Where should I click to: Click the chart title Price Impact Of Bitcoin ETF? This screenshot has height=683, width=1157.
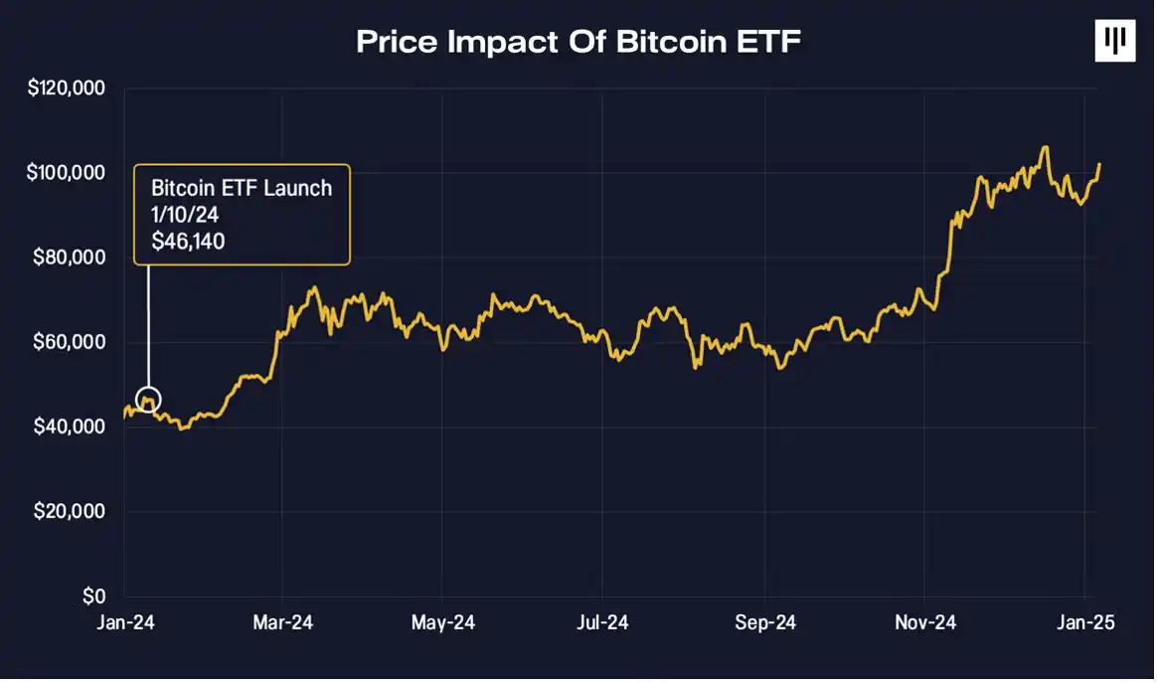coord(578,41)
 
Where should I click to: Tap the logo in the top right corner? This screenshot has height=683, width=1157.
coord(1114,41)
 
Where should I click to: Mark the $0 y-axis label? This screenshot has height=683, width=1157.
coord(93,597)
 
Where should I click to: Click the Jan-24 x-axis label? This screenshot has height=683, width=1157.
coord(127,623)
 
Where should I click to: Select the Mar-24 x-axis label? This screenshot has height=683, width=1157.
coord(283,623)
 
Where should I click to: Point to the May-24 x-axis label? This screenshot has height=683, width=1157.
coord(442,623)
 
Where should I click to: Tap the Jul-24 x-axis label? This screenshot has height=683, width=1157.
coord(602,623)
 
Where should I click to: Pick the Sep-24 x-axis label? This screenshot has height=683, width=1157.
coord(765,623)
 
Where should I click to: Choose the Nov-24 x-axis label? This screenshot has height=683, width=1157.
coord(924,623)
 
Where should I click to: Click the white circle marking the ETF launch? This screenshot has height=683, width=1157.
coord(148,400)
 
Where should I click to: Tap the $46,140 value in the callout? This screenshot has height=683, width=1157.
coord(188,241)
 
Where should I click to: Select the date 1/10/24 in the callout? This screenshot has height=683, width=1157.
coord(185,214)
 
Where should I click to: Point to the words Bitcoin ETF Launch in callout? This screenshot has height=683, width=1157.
coord(242,187)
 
